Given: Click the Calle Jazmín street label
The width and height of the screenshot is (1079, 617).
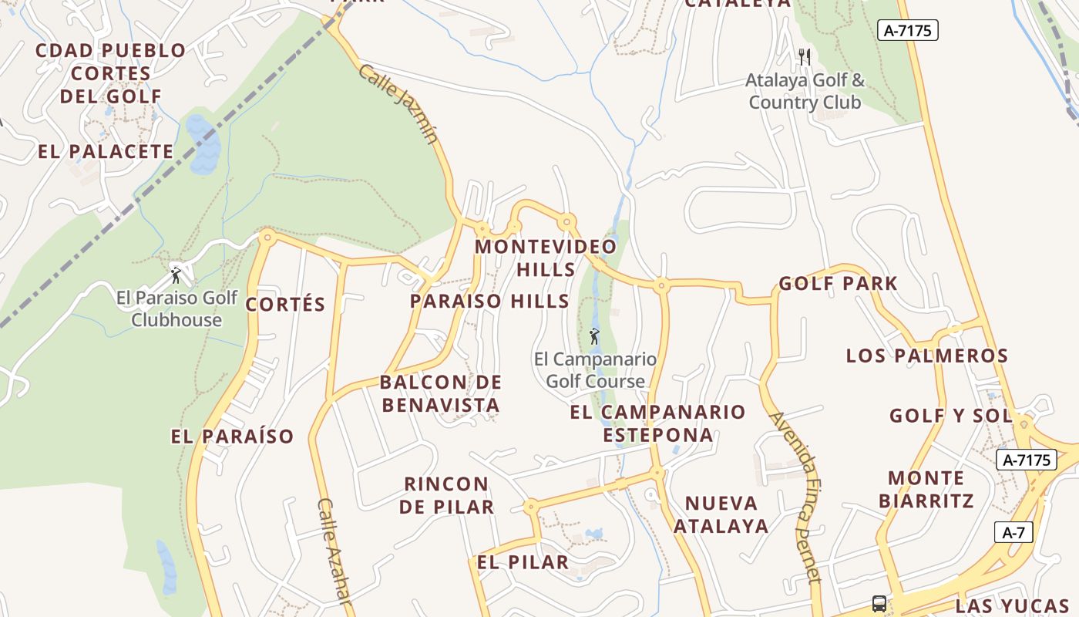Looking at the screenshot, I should (x=398, y=104).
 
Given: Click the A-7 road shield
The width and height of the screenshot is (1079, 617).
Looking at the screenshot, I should (x=1013, y=532).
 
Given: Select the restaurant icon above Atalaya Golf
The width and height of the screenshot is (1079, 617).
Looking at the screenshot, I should (x=805, y=56).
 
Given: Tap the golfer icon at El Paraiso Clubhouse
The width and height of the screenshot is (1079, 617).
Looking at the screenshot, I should (x=176, y=275).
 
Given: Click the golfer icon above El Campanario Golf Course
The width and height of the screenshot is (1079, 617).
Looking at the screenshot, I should (x=593, y=336).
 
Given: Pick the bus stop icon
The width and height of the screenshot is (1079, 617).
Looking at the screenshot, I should (x=879, y=603).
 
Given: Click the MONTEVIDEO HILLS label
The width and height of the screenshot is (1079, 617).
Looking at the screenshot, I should (x=546, y=258).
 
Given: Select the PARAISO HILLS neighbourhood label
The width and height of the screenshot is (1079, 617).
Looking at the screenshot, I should (x=489, y=302).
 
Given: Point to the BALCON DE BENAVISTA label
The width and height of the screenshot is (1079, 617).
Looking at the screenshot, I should (x=441, y=393).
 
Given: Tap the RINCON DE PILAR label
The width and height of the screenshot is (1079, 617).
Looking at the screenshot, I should (x=448, y=495).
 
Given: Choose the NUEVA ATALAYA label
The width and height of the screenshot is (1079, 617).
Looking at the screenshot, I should (x=721, y=514).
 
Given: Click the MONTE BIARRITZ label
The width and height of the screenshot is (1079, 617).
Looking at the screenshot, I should (x=926, y=489).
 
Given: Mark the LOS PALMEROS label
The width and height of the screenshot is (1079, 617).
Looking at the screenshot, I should (x=927, y=356).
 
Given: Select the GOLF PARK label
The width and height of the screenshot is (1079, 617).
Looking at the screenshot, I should (x=838, y=284).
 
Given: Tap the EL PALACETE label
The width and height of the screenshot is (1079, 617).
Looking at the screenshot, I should (x=106, y=152).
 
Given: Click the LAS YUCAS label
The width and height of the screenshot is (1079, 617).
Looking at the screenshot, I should (x=1012, y=605).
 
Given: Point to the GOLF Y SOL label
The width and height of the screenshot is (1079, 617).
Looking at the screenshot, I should (x=950, y=416).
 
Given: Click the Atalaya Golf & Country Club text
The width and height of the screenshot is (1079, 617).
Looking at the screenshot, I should (x=805, y=91).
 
